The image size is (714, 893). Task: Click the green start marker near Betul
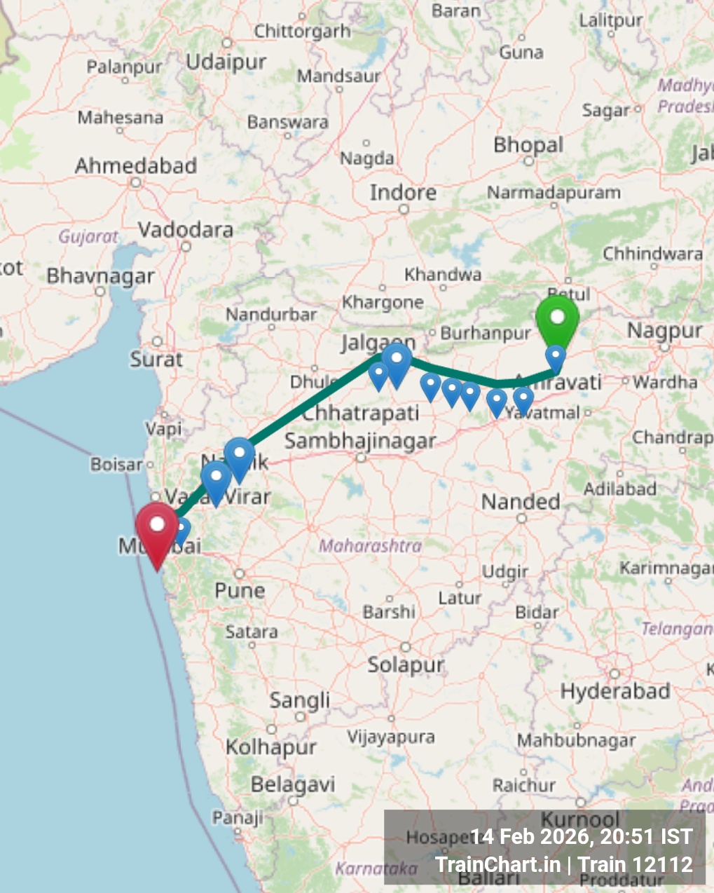click(x=557, y=320)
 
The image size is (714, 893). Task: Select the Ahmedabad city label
click(x=136, y=166)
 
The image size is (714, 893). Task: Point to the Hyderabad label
click(x=615, y=691)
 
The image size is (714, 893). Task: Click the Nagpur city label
click(x=664, y=330)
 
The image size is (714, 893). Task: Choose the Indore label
click(x=403, y=192)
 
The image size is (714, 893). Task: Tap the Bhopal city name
click(x=528, y=145)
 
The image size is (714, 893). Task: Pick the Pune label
click(x=240, y=590)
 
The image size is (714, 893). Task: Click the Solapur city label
click(x=406, y=664)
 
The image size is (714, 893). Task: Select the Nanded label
click(x=521, y=501)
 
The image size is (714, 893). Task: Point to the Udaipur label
click(x=226, y=62)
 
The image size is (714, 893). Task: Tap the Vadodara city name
click(x=186, y=229)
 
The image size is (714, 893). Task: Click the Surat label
click(x=156, y=359)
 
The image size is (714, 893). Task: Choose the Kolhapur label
click(x=270, y=747)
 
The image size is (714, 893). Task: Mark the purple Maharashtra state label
click(x=371, y=545)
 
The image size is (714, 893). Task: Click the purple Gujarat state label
click(x=88, y=236)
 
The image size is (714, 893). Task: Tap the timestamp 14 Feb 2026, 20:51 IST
click(x=581, y=836)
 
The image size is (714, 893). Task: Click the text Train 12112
click(x=636, y=865)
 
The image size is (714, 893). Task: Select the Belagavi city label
click(x=293, y=784)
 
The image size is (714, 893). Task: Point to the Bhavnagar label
click(x=100, y=276)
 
